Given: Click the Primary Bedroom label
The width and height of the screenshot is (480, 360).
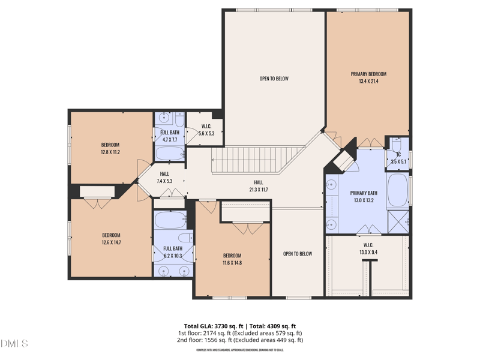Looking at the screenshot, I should pos(368,74).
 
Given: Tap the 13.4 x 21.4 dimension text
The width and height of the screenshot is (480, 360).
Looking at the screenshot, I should pos(368,81).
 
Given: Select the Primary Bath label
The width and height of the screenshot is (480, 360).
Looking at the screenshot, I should pos(363,193).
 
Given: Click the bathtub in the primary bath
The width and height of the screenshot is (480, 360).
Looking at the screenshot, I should pos(398,190).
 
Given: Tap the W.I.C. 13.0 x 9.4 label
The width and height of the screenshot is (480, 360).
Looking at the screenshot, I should pos(368,248).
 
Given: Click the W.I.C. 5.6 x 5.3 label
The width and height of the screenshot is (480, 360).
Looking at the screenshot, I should pos(206,130).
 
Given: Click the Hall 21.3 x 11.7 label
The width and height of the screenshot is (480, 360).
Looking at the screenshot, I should pos(258,186).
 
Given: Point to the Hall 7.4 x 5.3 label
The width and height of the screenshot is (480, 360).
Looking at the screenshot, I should pos(164,178).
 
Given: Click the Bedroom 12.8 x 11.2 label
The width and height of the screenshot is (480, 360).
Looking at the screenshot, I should pos(110,148).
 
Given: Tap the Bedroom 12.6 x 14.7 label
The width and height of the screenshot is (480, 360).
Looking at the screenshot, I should pos(111,239).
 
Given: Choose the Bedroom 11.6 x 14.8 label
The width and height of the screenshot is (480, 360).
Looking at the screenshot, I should pos(232,259).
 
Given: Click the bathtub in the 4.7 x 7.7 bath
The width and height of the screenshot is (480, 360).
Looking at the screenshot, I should pos(170,154).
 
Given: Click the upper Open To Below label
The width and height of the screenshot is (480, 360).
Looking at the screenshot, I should pos(274,79).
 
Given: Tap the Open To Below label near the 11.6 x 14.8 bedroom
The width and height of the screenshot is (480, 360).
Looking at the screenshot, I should pos(298,254).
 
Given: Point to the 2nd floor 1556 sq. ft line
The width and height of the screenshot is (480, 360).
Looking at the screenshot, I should pos(240,340).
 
